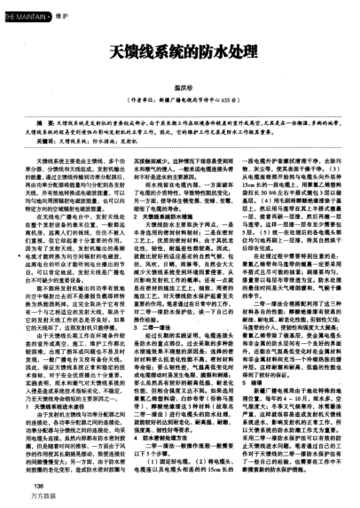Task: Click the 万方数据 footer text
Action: click(x=41, y=498)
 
